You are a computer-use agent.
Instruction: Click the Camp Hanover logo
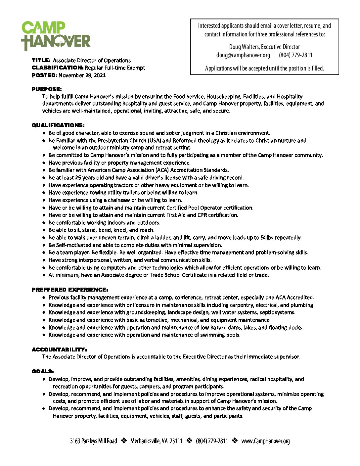tap(56, 36)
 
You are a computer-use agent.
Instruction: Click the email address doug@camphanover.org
tap(243, 55)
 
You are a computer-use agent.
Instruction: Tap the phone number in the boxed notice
tap(295, 55)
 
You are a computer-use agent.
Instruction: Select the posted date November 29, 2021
tap(82, 75)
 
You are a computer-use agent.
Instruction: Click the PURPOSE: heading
tap(47, 89)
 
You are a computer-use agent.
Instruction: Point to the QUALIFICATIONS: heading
tap(58, 125)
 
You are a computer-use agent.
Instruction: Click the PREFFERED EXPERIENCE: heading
tap(70, 290)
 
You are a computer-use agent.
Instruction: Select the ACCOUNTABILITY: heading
tap(59, 349)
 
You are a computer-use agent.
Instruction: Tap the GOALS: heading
tap(43, 371)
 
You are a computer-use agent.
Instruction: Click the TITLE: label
tap(41, 60)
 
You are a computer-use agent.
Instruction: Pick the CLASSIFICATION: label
tap(58, 68)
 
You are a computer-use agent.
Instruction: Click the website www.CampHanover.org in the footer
tap(265, 441)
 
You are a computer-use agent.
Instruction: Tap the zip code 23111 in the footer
tap(176, 441)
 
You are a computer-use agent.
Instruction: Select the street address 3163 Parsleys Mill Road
tap(93, 441)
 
